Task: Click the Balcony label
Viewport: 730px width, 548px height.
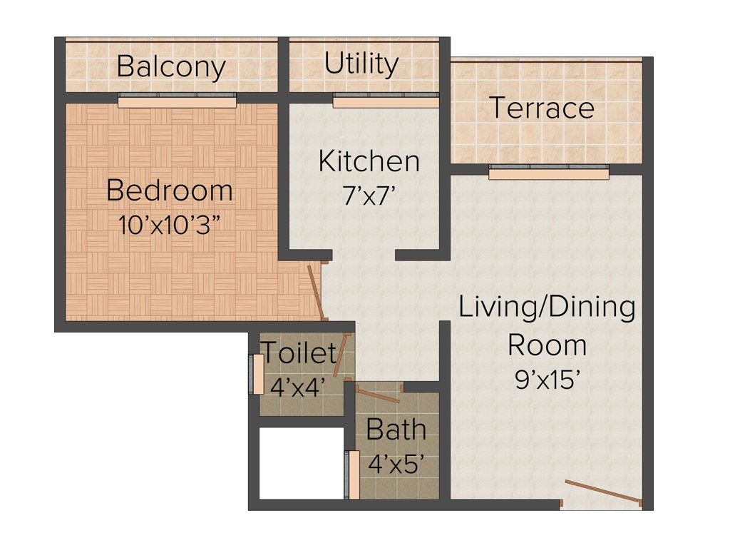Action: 171,67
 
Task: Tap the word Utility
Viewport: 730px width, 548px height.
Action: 361,64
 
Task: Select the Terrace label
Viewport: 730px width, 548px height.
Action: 542,108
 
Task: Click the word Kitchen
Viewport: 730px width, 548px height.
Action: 369,161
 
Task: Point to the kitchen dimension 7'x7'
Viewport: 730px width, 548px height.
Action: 369,196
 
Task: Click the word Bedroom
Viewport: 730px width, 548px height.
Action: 170,191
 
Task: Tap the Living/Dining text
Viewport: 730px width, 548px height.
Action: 547,308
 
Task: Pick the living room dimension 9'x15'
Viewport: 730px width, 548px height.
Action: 547,380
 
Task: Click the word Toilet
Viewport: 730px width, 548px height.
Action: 299,352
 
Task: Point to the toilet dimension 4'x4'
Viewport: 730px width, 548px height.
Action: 298,386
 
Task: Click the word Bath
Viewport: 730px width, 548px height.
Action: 396,430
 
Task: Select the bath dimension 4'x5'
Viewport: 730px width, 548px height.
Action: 396,463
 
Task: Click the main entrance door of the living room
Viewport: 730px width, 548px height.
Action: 603,493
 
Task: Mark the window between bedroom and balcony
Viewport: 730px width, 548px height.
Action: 177,101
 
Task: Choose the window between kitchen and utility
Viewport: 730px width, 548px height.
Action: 386,101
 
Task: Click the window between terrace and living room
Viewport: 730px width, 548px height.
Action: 548,172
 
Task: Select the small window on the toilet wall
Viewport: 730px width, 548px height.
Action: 253,373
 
